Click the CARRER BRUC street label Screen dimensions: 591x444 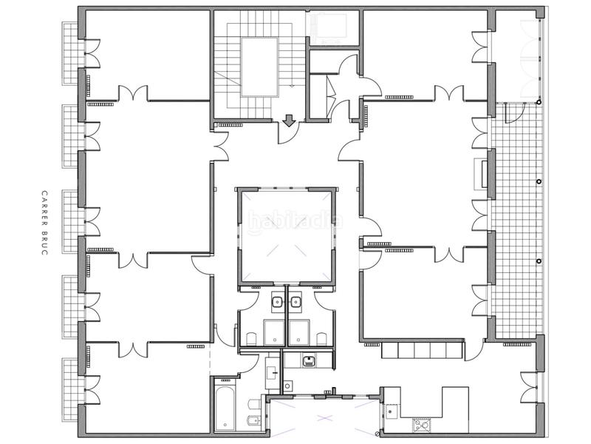pos(44,223)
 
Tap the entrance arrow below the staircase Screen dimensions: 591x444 pos(289,121)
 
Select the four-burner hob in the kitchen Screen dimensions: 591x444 pos(422,426)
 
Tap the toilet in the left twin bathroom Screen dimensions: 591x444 pos(251,339)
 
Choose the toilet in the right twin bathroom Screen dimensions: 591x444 pos(321,339)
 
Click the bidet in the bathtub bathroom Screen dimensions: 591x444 pos(251,423)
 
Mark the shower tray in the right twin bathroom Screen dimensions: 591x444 pos(300,332)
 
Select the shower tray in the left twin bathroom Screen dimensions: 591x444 pos(274,332)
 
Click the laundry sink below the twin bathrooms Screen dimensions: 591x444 pos(310,361)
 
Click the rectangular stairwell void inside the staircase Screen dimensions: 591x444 pos(260,67)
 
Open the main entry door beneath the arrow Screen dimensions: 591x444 pos(289,133)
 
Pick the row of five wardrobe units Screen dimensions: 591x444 pos(422,350)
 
